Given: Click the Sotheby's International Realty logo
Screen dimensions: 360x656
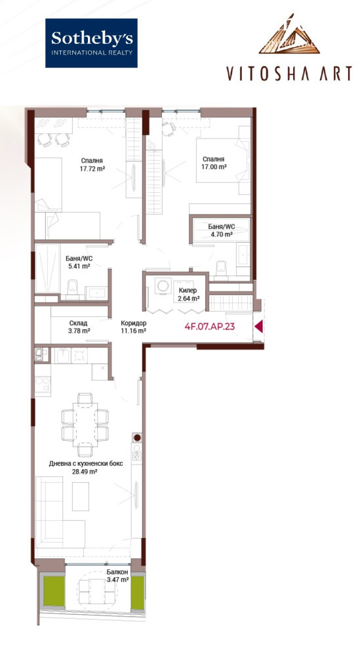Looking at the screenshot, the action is [91, 43].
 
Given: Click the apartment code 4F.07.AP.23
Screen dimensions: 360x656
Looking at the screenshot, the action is [209, 326].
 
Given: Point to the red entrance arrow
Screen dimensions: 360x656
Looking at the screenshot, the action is [259, 326].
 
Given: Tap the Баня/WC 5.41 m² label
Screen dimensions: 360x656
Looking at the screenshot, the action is [79, 262].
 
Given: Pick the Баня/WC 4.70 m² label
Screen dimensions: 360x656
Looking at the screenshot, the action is [221, 230].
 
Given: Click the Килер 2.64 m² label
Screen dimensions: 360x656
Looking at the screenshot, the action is [187, 294].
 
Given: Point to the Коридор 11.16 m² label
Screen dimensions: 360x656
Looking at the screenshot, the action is [133, 327].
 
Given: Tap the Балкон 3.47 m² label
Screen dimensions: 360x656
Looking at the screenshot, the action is [117, 576].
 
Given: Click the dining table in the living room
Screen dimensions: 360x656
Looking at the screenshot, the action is [85, 424].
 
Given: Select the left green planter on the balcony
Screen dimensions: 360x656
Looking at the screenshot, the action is [53, 591].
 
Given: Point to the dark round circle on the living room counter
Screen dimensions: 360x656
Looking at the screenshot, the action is [137, 438].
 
